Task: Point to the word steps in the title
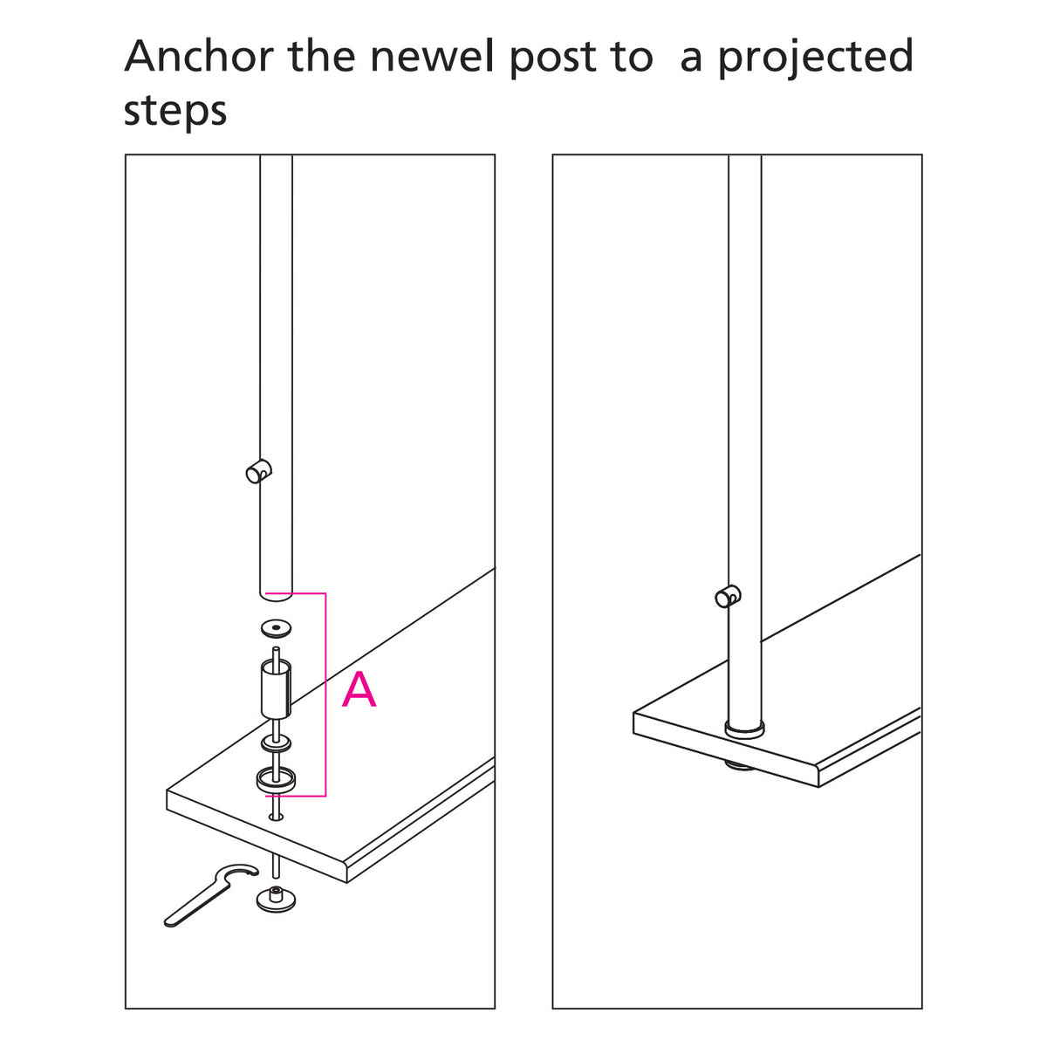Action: click(175, 112)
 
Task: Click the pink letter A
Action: click(359, 690)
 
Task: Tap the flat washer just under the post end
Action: click(276, 628)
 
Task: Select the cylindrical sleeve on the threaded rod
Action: click(276, 689)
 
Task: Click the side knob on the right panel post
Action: click(727, 597)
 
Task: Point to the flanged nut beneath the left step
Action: click(277, 898)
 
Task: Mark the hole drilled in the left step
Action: click(277, 818)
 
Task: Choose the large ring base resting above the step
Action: click(276, 779)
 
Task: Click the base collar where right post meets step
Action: click(744, 729)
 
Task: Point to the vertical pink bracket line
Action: click(325, 694)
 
